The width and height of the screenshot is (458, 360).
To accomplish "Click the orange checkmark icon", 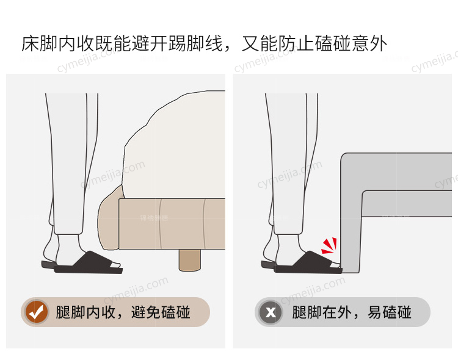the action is [36, 312].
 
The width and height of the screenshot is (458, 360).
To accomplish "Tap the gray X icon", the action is [271, 312].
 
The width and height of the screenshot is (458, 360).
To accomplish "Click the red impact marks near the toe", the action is [330, 246].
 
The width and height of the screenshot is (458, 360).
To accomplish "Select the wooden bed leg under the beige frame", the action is [190, 261].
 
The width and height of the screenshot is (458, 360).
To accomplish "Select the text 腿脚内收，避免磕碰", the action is [123, 312].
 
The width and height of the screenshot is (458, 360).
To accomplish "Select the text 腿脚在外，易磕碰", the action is [352, 312].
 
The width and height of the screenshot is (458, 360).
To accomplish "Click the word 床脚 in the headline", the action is [40, 44].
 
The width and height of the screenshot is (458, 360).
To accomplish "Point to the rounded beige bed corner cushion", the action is [108, 219].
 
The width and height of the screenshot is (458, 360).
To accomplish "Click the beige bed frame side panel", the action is [172, 224].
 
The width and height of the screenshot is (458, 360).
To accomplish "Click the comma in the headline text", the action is [227, 49].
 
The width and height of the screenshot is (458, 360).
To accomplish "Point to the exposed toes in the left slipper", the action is [116, 265].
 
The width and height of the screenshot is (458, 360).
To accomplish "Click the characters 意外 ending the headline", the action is [369, 44].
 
